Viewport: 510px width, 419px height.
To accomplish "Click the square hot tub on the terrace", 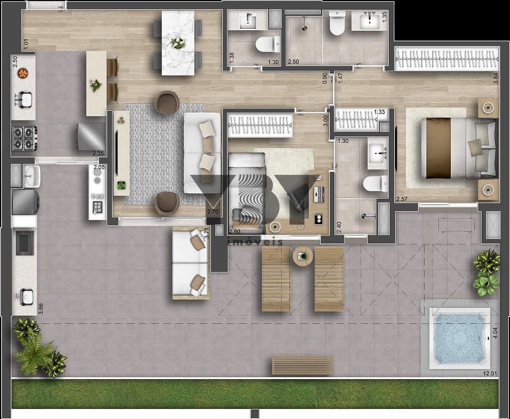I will [x=459, y=338].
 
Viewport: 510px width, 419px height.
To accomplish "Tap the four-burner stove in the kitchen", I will [x=24, y=138].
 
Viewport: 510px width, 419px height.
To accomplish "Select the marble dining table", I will [x=177, y=43].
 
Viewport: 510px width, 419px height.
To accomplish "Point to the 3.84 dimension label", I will [x=496, y=79].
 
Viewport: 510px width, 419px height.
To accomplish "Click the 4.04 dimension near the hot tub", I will [x=495, y=333].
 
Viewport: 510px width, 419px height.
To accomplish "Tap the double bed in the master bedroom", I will [x=458, y=147].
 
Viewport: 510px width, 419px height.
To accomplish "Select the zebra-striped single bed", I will [x=247, y=191].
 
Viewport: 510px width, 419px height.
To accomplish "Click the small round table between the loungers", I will [x=302, y=257].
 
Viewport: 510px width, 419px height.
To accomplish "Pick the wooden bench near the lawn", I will [x=302, y=366].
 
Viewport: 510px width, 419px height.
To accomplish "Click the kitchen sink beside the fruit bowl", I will [x=23, y=100].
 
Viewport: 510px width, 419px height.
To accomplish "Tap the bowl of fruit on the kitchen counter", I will [x=22, y=73].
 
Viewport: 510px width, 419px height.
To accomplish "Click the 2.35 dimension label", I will [x=98, y=153].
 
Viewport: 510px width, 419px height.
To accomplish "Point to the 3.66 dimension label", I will [x=40, y=308].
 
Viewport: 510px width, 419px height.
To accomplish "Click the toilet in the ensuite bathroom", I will [x=375, y=183].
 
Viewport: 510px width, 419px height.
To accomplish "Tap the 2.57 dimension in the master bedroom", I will [x=402, y=200].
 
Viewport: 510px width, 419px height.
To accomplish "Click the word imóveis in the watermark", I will [x=255, y=242].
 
